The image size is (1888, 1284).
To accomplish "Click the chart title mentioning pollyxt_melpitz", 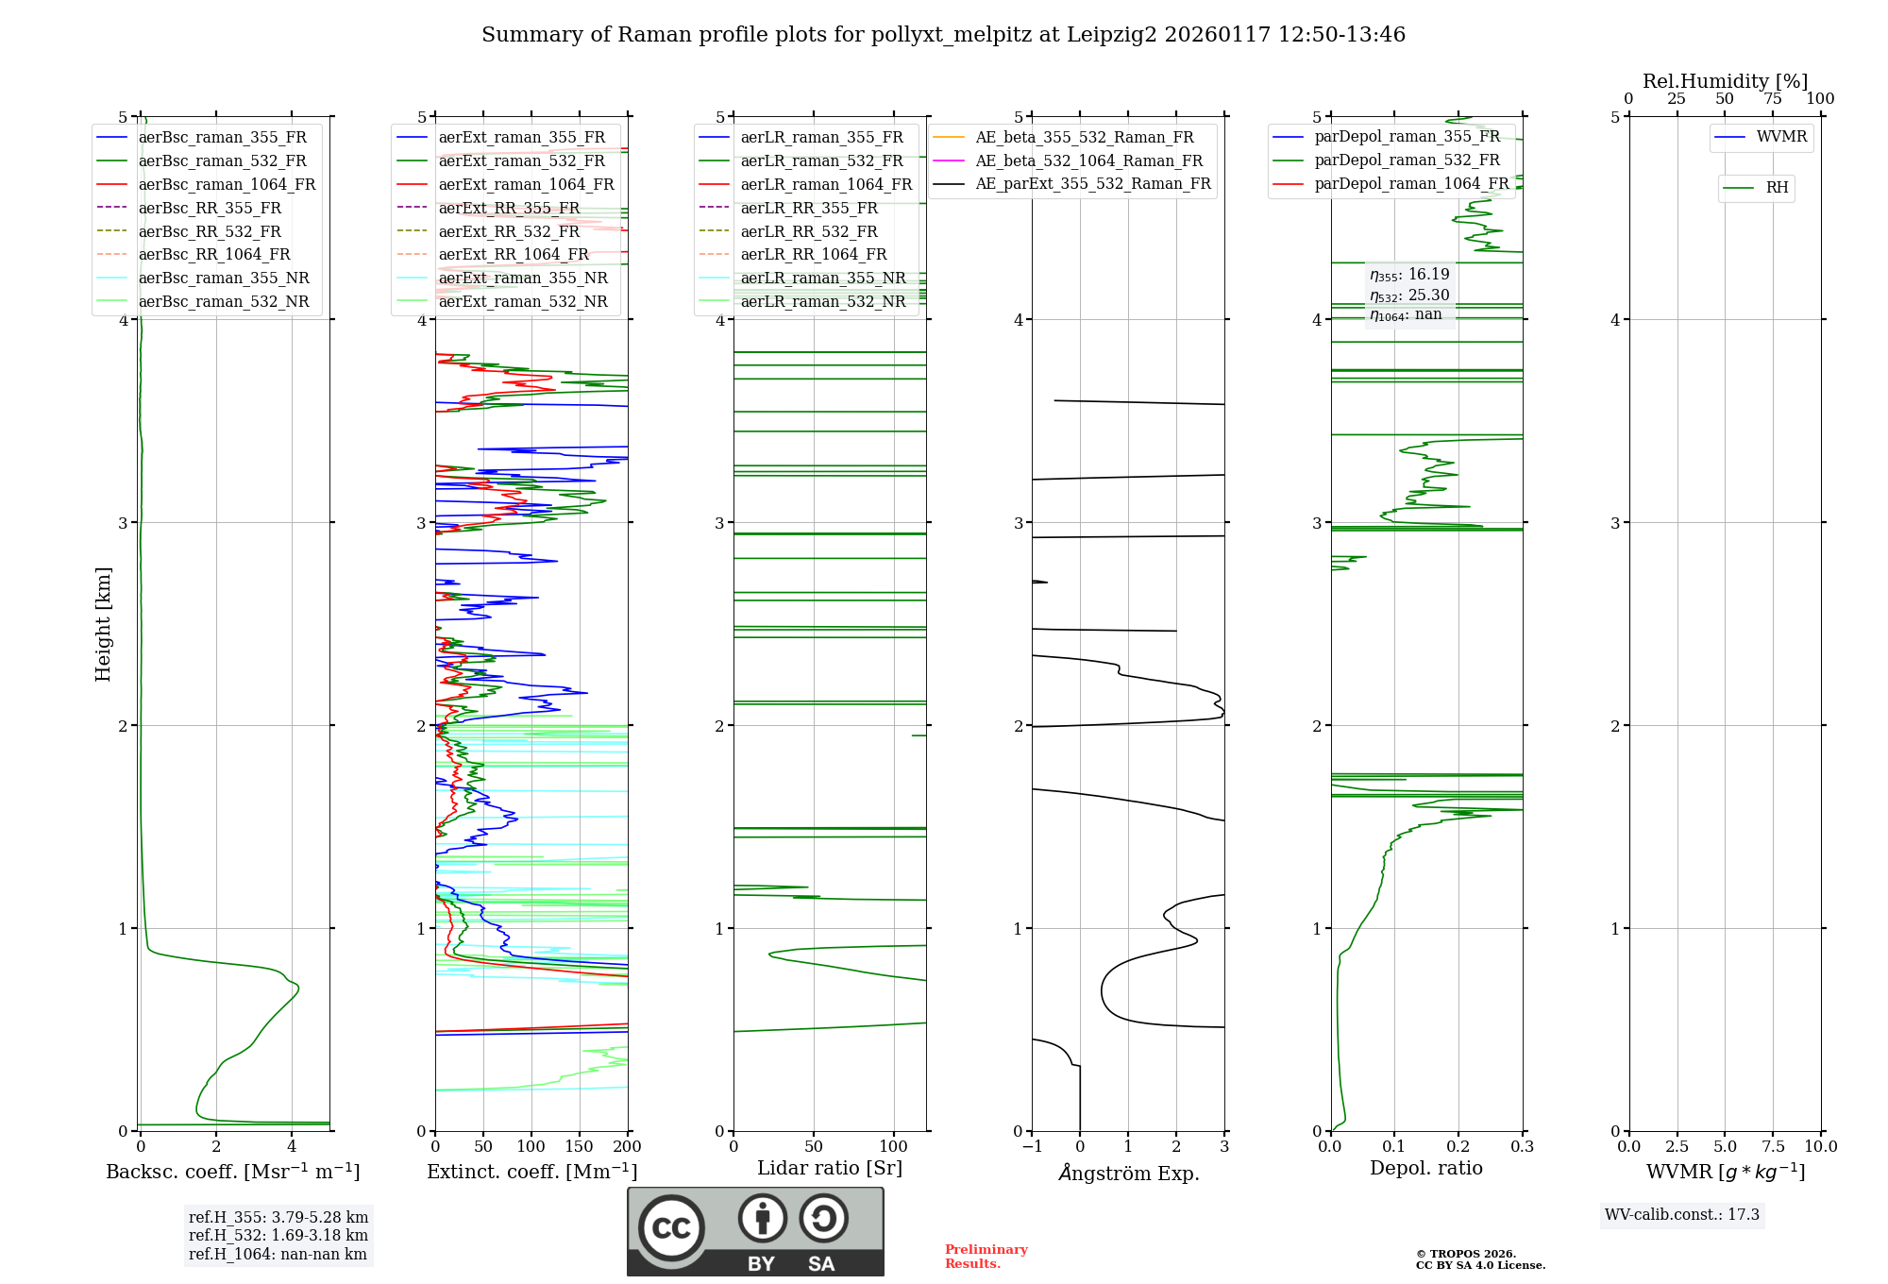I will click(x=943, y=35).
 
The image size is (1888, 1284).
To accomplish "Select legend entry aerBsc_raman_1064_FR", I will click(x=227, y=184).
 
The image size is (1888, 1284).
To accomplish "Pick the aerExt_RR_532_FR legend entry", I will click(x=508, y=231).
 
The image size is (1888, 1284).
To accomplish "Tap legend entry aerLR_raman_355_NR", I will click(x=822, y=278).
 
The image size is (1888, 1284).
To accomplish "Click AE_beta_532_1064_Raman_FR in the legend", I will click(x=1088, y=160).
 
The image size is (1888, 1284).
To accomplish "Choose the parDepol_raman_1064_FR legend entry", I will click(x=1410, y=183).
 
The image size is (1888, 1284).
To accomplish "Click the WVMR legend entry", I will click(x=1781, y=137).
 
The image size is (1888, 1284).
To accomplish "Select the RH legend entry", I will click(x=1777, y=188).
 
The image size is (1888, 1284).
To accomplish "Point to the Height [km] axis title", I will click(x=103, y=624).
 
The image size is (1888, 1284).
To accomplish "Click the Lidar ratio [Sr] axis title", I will click(x=830, y=1168).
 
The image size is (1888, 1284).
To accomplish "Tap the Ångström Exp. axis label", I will click(x=1129, y=1173).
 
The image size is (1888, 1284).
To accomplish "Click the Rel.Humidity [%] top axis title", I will click(x=1725, y=81).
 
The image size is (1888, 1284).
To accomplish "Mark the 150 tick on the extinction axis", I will click(x=579, y=1146).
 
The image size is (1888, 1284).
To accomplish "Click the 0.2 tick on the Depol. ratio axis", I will click(x=1458, y=1146).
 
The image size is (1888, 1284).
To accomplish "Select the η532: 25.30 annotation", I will click(x=1409, y=296).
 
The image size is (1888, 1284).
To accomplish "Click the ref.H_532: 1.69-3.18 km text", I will click(x=278, y=1235).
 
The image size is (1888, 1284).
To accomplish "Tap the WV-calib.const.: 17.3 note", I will click(x=1682, y=1214).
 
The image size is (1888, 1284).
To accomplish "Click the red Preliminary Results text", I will click(x=986, y=1256).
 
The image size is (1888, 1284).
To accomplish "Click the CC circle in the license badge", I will click(x=671, y=1228).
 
